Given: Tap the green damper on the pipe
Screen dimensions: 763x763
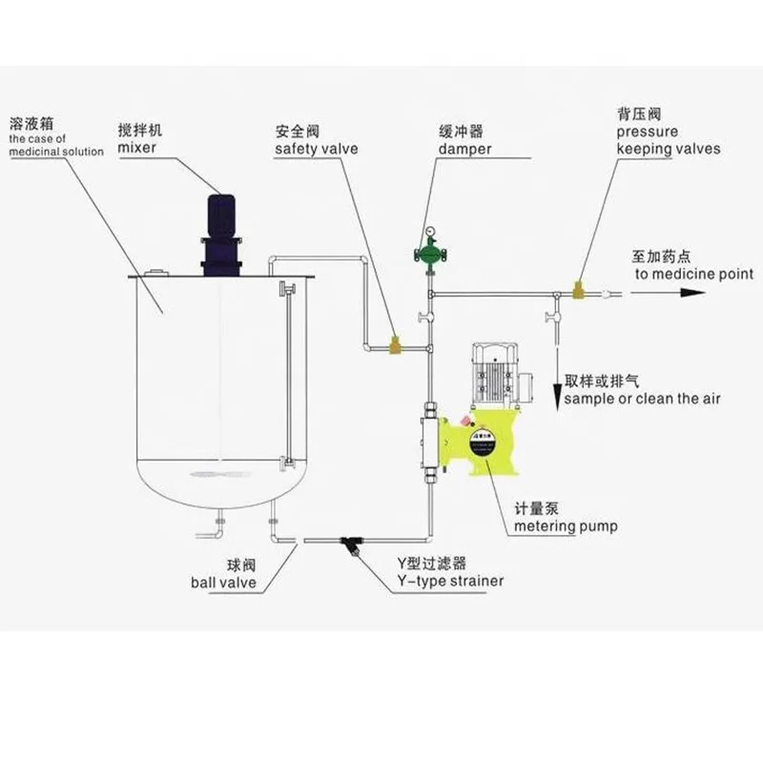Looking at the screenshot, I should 430,254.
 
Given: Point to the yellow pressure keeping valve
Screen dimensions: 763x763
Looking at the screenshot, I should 577,287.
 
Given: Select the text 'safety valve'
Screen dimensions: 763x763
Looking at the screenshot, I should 316,150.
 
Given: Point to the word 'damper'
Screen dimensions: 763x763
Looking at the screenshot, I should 465,150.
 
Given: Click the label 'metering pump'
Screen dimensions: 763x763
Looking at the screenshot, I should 566,526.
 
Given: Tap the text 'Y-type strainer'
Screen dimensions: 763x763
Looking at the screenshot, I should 450,581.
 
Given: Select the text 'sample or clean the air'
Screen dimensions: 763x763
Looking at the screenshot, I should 645,399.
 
